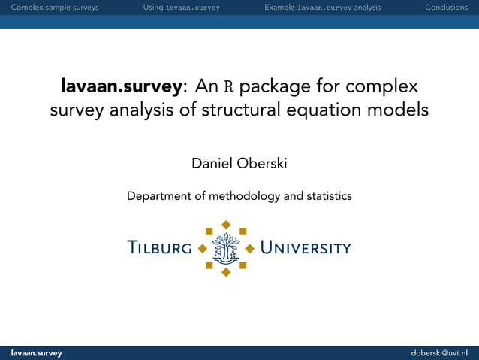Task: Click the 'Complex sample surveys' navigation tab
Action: (x=49, y=8)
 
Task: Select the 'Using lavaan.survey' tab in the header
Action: (x=181, y=8)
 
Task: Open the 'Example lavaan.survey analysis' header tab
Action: (x=322, y=8)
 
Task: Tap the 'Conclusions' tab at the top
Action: (x=446, y=8)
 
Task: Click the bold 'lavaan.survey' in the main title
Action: (x=121, y=86)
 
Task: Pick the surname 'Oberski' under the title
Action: (x=263, y=163)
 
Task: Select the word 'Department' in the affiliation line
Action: (x=159, y=197)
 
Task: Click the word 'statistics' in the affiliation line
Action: (x=325, y=197)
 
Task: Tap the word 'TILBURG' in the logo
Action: (x=159, y=248)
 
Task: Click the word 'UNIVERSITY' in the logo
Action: (x=306, y=248)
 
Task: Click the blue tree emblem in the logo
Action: (x=226, y=247)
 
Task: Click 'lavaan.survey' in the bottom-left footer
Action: (x=36, y=353)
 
